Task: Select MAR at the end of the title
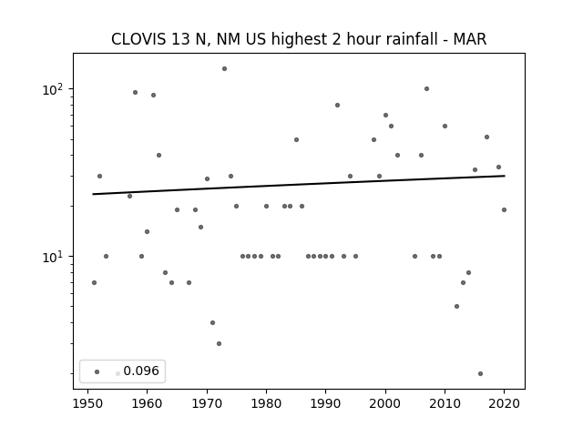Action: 470,39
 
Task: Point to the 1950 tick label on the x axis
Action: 87,403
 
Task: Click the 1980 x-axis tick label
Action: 266,403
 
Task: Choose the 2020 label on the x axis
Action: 504,403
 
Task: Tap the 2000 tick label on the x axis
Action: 385,403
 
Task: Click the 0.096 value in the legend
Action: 141,371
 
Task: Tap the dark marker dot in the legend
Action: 97,371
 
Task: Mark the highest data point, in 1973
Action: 225,69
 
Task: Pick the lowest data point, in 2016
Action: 480,373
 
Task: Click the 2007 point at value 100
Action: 427,89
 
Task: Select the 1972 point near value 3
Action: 219,344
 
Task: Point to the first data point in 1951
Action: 94,283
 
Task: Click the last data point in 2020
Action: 504,210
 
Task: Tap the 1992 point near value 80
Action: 338,106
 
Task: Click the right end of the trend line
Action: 505,176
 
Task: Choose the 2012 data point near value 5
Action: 456,306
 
